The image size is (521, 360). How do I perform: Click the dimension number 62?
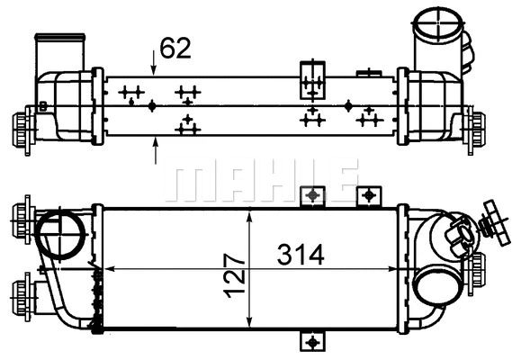175,48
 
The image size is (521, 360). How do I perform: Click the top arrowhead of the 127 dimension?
248,212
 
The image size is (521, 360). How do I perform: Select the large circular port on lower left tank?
61,234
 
